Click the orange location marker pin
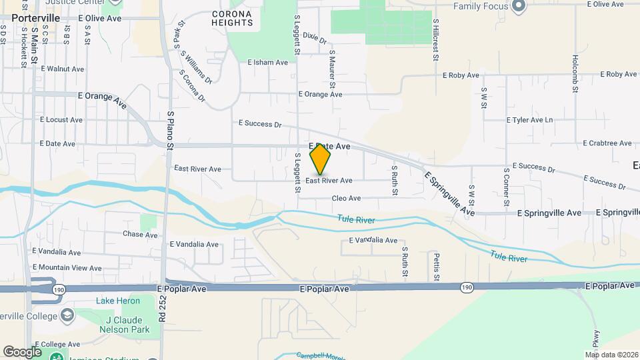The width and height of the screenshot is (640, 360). (321, 159)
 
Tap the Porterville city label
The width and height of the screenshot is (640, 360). (31, 18)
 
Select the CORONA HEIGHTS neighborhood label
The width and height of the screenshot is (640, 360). (233, 18)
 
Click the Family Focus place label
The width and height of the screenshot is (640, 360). (481, 6)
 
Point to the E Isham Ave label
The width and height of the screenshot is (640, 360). (267, 63)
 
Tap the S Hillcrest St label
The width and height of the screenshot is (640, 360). (435, 40)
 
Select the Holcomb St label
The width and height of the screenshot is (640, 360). (574, 73)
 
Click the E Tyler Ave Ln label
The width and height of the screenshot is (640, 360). (530, 120)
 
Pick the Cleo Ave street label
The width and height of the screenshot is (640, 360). (346, 198)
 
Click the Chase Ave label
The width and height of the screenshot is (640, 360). (140, 235)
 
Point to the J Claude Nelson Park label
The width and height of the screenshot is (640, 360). (113, 323)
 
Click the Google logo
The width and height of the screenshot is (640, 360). (22, 351)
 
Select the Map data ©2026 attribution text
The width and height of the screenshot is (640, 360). (611, 354)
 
